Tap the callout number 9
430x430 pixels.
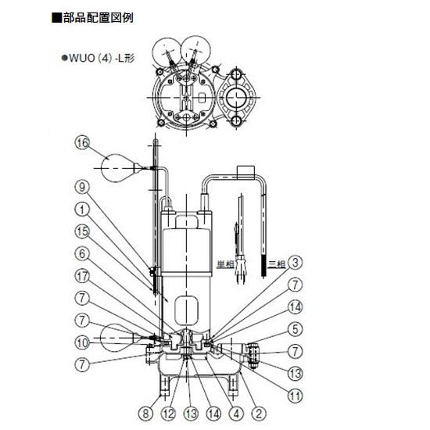84,188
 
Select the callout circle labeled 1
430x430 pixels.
84,210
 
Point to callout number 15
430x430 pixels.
84,231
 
